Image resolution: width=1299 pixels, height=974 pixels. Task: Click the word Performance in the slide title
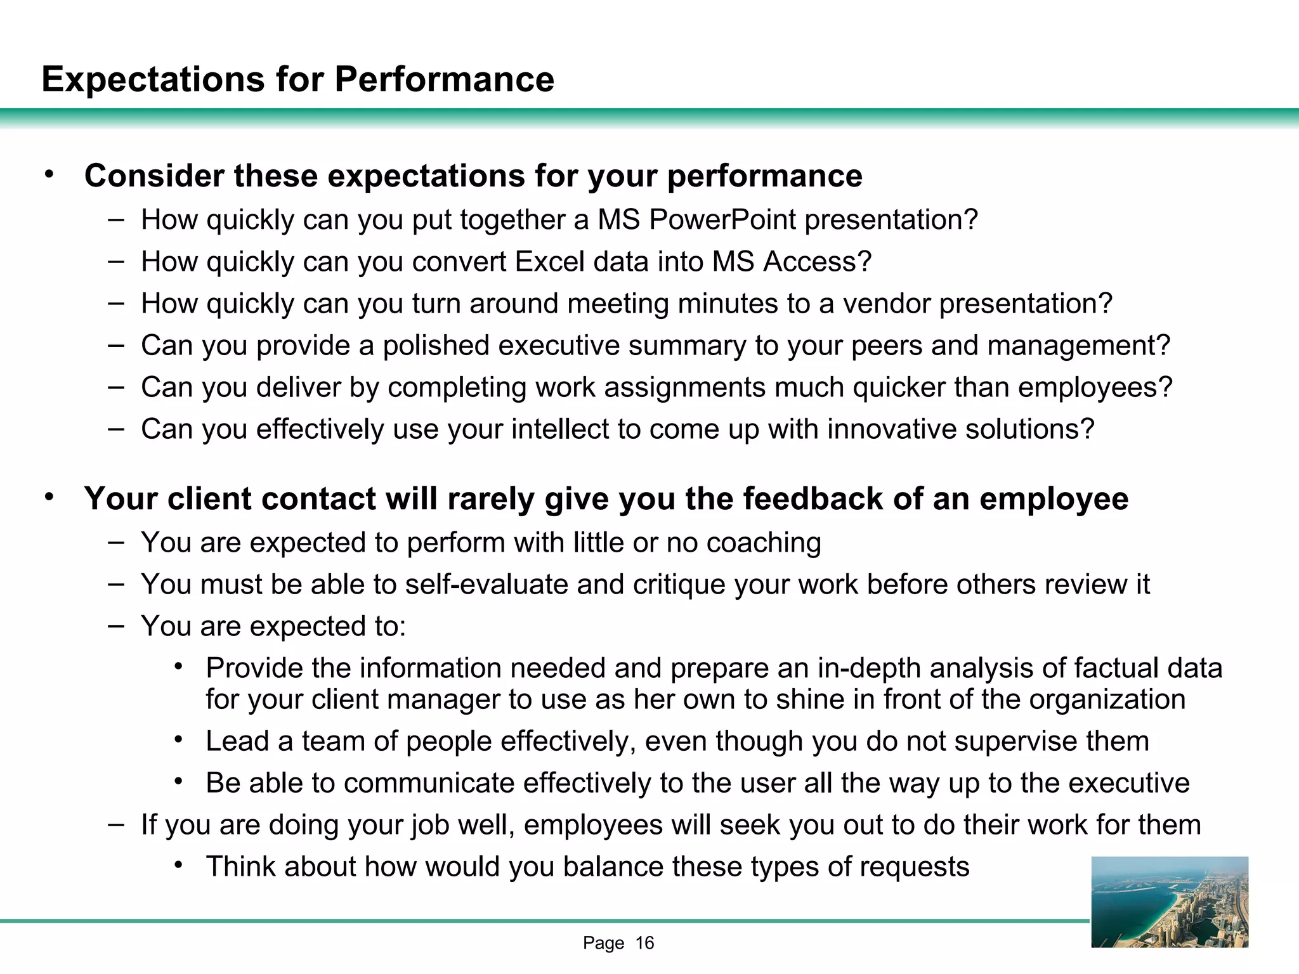coord(444,80)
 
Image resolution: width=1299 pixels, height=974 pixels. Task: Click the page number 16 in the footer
coord(644,944)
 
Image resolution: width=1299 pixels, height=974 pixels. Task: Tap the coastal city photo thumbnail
coord(1169,902)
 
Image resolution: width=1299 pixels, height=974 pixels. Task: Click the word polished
coord(436,346)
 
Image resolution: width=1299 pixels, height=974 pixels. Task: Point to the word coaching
coord(764,543)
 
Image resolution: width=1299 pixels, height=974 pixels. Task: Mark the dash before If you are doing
coord(116,824)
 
